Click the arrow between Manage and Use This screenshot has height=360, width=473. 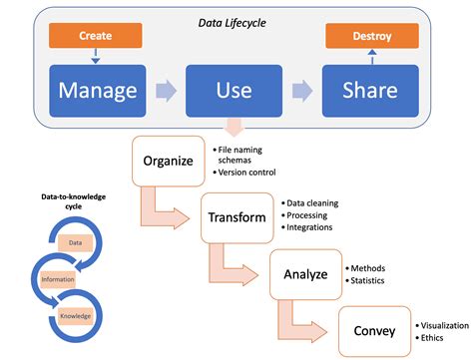coord(166,92)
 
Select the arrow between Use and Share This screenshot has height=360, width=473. coord(299,92)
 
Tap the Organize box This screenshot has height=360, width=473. coord(168,160)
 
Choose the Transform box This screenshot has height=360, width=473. coord(236,216)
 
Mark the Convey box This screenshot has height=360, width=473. coord(373,329)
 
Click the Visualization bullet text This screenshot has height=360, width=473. coord(443,326)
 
